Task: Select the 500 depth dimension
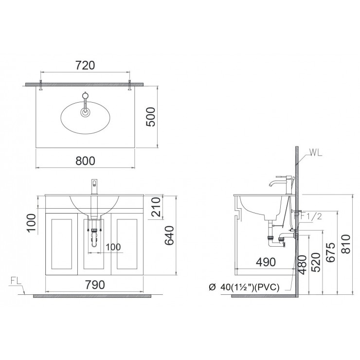coord(151,117)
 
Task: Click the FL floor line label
coord(16,281)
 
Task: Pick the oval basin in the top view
coord(85,116)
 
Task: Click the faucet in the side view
coord(282,183)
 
